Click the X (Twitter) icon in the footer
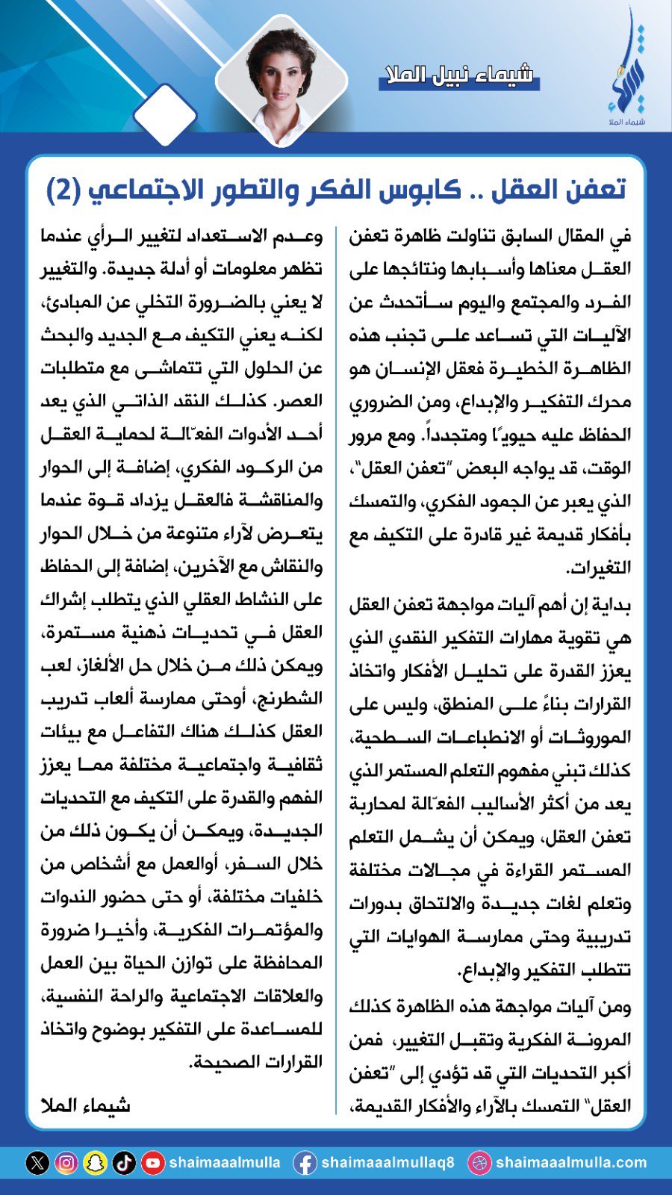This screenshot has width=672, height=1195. point(37,1163)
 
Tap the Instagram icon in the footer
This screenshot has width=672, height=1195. point(66,1163)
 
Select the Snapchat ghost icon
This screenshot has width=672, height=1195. point(95,1163)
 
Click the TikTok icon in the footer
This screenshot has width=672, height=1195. point(124,1163)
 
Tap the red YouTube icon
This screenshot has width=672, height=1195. point(153,1163)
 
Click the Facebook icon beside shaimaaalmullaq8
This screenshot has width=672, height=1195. point(304,1163)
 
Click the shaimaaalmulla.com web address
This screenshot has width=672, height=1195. point(571,1163)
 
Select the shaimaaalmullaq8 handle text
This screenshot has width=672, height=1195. point(388,1163)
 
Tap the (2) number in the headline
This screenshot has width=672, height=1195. point(63,190)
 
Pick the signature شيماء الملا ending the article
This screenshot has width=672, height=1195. point(85,1104)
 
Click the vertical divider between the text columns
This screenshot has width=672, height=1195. point(336,665)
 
